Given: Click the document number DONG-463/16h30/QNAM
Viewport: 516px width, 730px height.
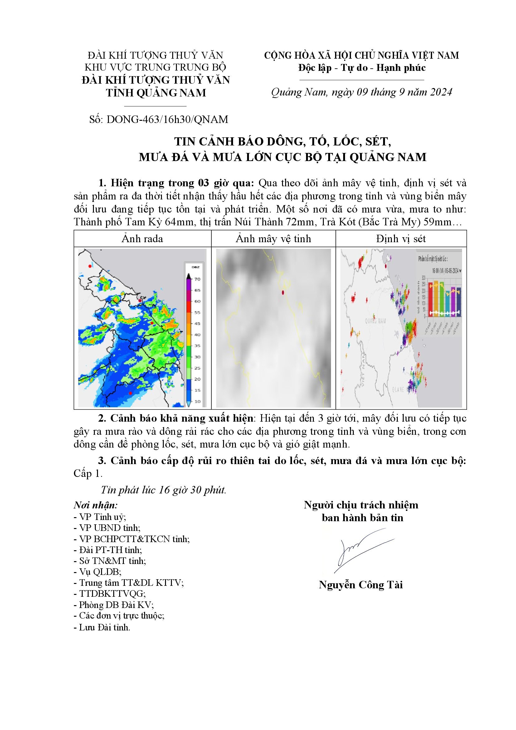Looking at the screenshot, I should tap(167, 120).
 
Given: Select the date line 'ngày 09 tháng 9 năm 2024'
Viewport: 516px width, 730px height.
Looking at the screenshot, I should tap(392, 92).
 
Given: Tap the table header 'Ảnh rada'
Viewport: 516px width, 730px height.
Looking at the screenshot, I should tap(142, 239).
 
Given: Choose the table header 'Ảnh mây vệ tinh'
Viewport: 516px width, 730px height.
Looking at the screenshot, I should tap(273, 239).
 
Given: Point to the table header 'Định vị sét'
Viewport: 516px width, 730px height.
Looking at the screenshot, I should tap(401, 239).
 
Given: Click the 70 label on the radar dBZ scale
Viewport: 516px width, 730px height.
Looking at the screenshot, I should tap(197, 279).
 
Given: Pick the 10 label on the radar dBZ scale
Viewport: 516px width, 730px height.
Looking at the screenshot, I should tap(197, 402).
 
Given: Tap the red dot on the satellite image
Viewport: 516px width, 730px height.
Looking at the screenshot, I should tap(283, 292).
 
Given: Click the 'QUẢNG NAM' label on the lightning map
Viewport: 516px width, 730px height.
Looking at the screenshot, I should tap(376, 321).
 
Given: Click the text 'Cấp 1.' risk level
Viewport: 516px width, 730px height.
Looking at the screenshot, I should tap(88, 473).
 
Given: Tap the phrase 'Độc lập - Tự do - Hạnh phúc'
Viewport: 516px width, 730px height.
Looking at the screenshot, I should tap(362, 68).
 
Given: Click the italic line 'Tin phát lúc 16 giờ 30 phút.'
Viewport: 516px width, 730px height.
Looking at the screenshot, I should tap(163, 490).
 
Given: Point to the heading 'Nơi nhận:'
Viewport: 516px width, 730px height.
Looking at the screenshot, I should tap(96, 505).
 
